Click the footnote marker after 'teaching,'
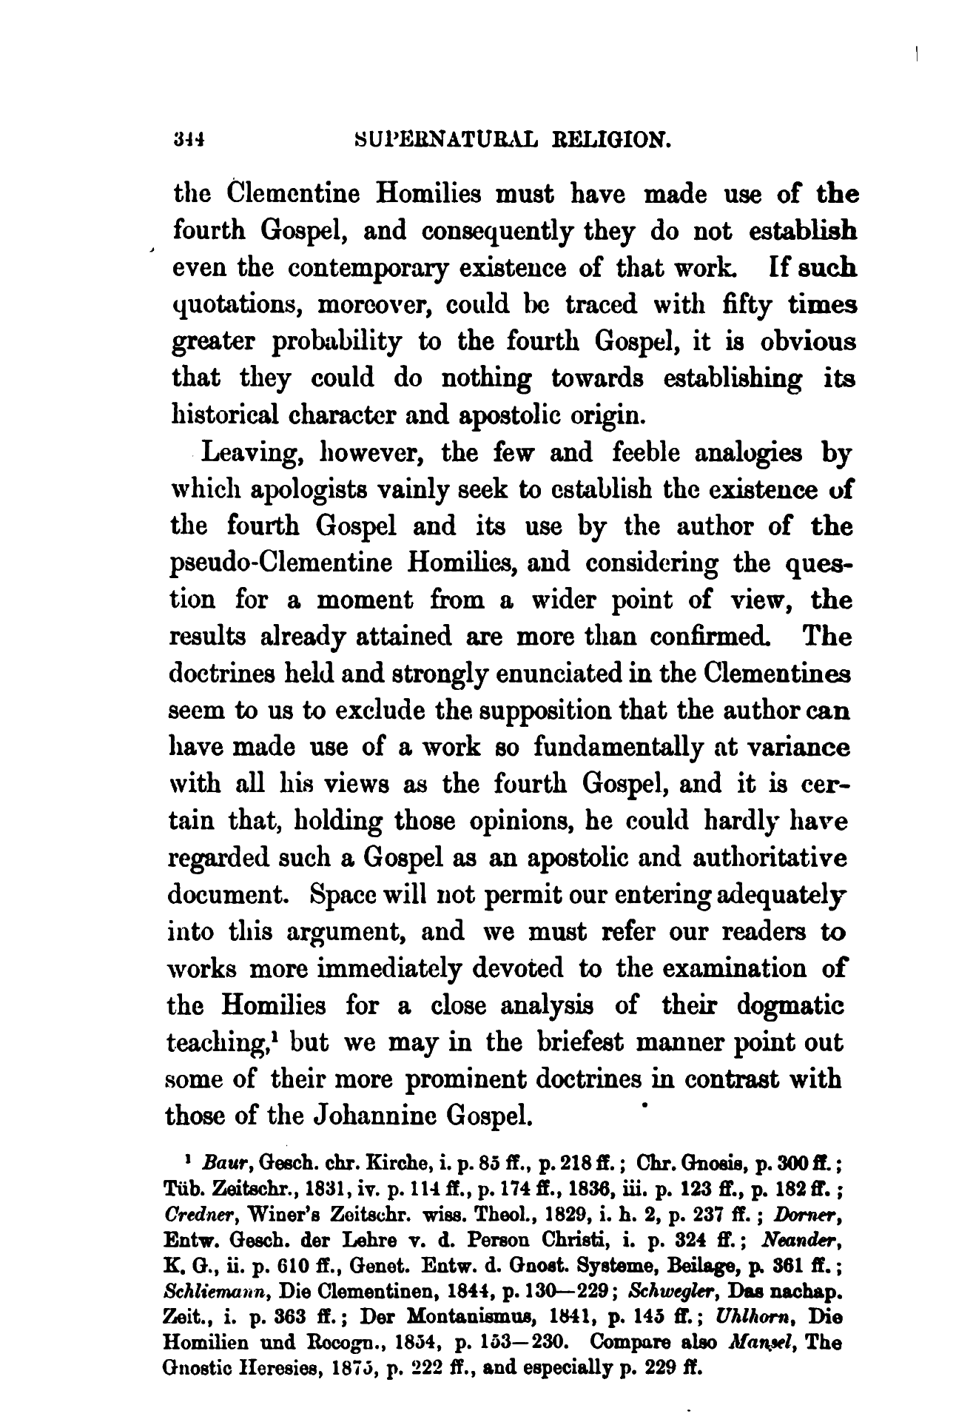tap(275, 1036)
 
